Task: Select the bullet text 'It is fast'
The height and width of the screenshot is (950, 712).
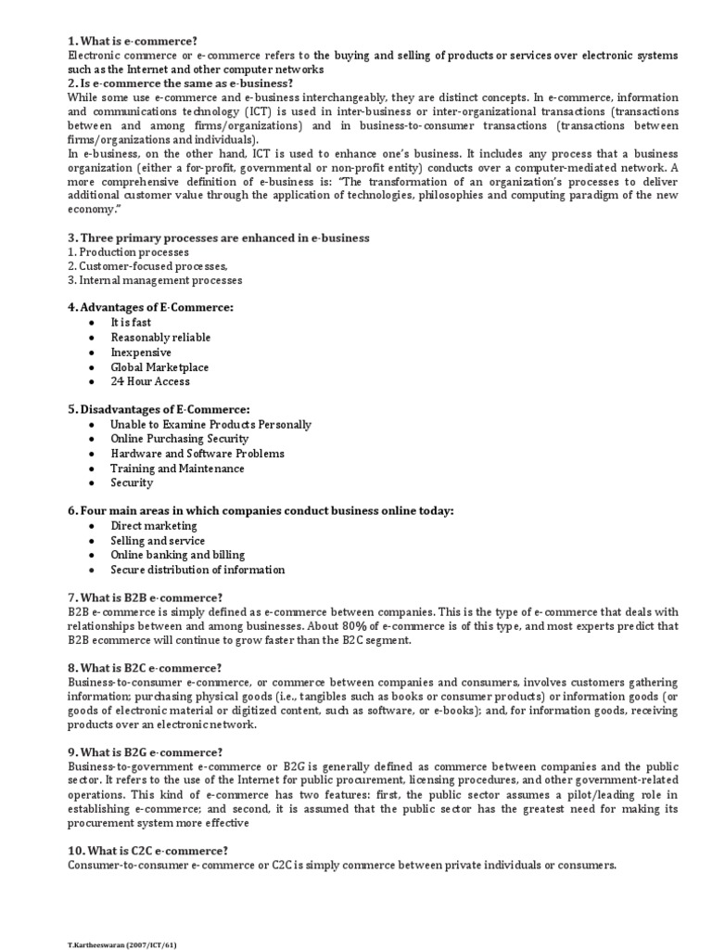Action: click(x=131, y=323)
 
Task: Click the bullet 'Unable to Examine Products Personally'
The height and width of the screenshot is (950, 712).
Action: click(x=210, y=424)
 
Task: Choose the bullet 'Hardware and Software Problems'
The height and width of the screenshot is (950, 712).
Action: click(x=197, y=454)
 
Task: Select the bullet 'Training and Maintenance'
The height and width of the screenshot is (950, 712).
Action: click(x=177, y=469)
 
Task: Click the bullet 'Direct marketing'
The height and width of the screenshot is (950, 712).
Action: click(x=154, y=526)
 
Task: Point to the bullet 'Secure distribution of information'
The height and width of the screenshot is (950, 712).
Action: click(x=197, y=570)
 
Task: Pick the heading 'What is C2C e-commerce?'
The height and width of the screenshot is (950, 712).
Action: click(x=147, y=851)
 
